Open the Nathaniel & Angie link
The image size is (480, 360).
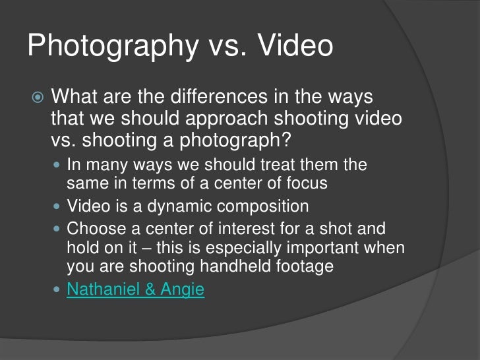point(136,289)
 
